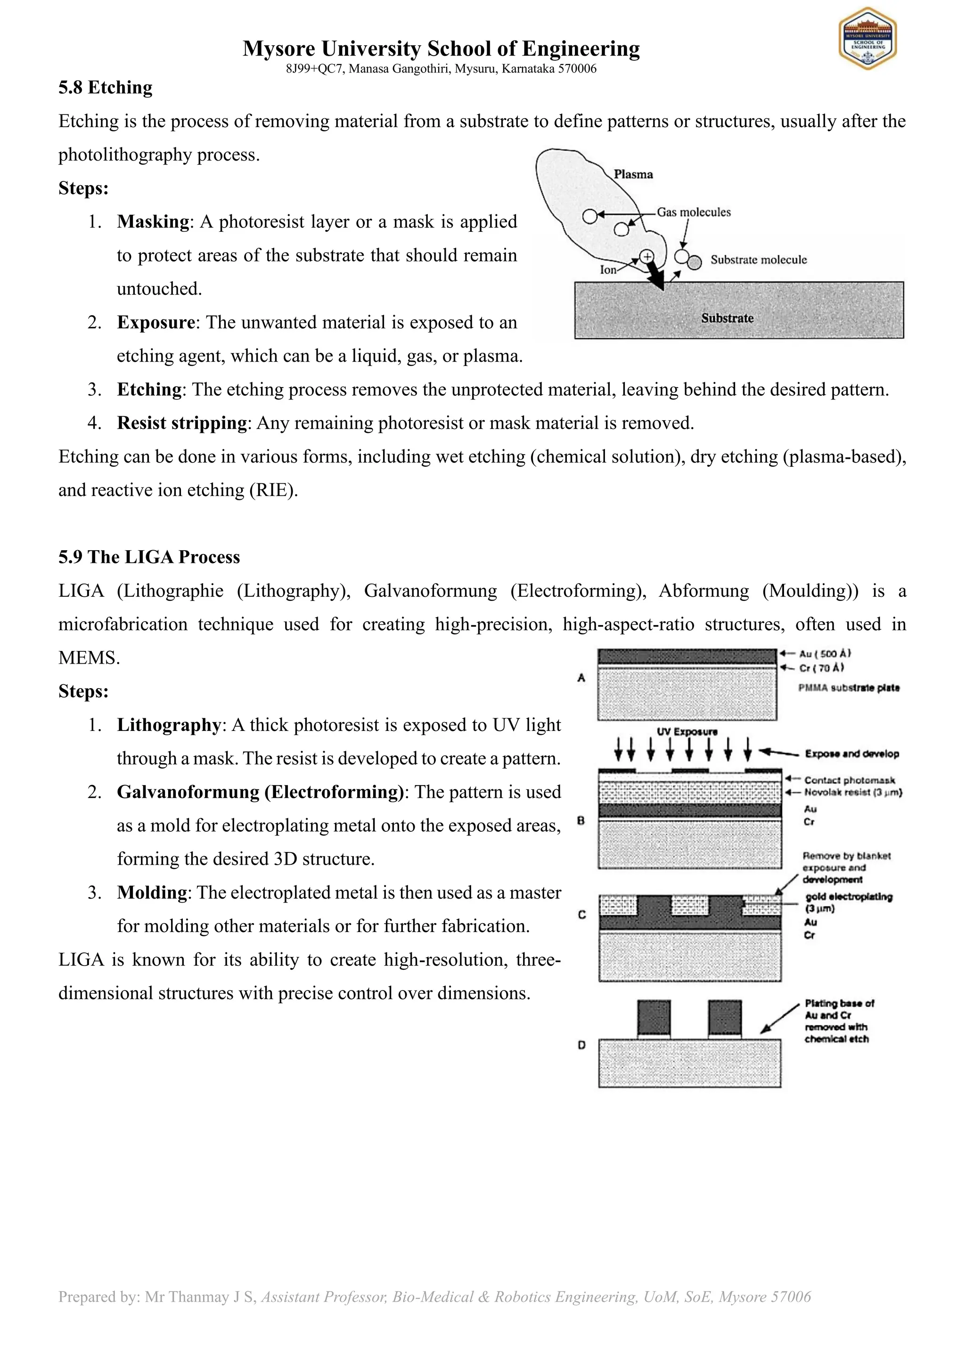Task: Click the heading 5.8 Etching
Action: point(105,88)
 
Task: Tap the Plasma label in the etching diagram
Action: point(633,174)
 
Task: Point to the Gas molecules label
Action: point(694,212)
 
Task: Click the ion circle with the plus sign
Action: point(646,257)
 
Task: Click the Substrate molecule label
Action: point(758,260)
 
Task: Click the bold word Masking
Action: point(153,221)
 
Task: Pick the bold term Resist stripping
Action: point(182,423)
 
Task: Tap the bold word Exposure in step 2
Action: point(155,323)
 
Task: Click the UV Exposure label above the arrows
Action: point(687,732)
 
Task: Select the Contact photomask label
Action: point(849,780)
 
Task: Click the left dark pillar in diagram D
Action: point(654,1018)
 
